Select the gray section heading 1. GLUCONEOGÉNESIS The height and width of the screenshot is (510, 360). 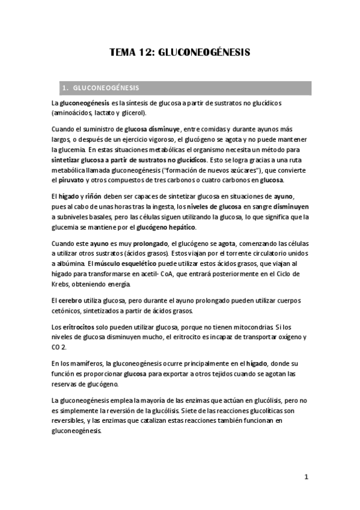[105, 88]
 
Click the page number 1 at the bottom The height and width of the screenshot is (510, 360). [306, 478]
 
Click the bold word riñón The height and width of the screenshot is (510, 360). [93, 197]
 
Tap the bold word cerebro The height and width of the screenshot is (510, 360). [70, 300]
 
